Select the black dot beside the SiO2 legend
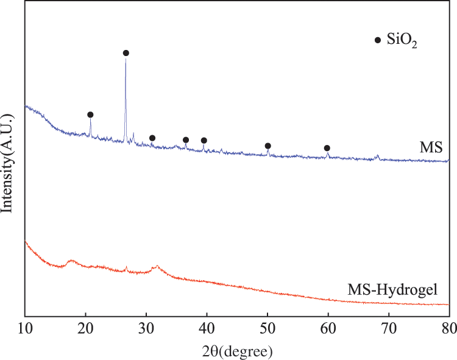click(x=378, y=40)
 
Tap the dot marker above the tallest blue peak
click(x=126, y=53)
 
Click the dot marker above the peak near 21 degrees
click(x=90, y=115)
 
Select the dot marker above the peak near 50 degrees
click(x=267, y=146)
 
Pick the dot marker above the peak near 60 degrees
click(x=327, y=148)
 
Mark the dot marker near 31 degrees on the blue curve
click(x=152, y=138)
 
